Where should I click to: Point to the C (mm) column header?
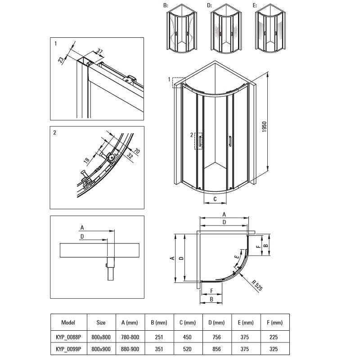[187, 323]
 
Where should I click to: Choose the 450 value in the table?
[187, 336]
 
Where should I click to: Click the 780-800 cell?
[130, 336]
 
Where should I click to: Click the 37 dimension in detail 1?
[100, 51]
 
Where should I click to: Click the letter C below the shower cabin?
[215, 198]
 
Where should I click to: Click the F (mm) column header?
[274, 323]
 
